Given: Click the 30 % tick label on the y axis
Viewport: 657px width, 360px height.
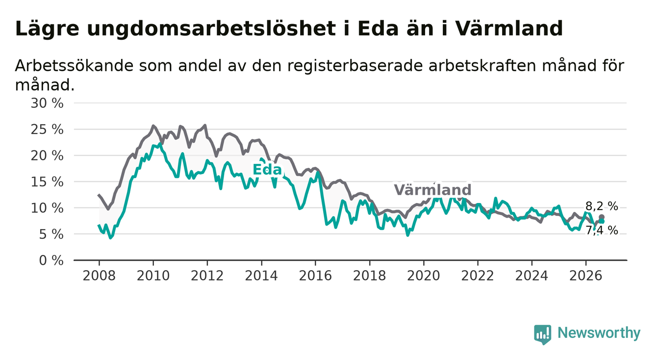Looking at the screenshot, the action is coord(47,103).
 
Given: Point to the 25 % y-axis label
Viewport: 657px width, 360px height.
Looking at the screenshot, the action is coord(47,129).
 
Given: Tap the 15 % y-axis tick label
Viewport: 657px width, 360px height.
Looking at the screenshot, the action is coord(47,182).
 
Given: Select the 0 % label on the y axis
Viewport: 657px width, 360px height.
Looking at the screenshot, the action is coord(51,260).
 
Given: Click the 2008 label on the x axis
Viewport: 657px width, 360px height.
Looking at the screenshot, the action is coord(99,276).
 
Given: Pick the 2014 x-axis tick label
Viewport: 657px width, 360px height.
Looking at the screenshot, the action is coord(261,276).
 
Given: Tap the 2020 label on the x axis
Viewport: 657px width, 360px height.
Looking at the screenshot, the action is coord(424,276).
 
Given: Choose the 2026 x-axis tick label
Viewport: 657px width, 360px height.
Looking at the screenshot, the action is coord(586,276).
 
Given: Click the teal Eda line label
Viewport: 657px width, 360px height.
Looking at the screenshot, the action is coord(267,170).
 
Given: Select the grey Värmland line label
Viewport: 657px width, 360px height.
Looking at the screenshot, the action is coord(432,190).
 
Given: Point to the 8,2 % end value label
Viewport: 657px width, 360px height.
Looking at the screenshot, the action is coord(602,206).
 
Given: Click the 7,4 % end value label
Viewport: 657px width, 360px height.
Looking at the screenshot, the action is coord(602,231).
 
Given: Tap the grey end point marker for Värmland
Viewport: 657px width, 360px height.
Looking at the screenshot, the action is coord(602,217).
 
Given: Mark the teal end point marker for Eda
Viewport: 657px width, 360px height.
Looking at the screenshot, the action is coord(602,221).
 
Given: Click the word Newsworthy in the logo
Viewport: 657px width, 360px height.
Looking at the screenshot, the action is coord(599,333).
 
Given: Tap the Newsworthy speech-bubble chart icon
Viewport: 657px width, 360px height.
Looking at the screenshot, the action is coord(542,334).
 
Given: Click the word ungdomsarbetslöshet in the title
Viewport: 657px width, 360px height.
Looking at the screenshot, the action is coord(211,29).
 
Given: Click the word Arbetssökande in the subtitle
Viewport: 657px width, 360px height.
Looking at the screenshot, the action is coord(75,66).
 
